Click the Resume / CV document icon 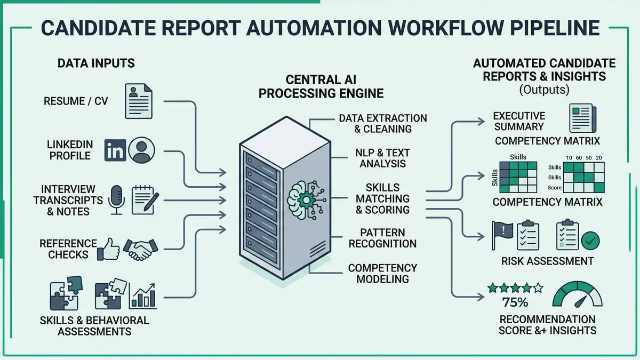tap(138, 100)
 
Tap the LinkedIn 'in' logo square tap(115, 150)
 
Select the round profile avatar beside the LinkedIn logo tap(141, 150)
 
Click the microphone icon tap(116, 199)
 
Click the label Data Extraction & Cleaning tap(382, 123)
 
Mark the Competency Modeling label tap(382, 273)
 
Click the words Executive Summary tap(519, 121)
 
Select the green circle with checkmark tap(590, 241)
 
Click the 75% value tap(515, 302)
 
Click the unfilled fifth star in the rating tap(538, 288)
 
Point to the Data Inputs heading tap(96, 63)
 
